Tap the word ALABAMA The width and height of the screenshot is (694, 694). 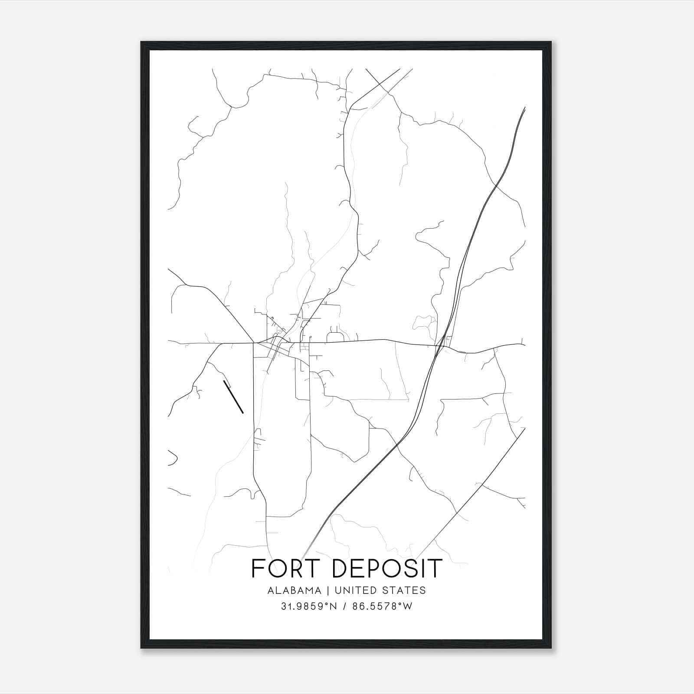coord(295,590)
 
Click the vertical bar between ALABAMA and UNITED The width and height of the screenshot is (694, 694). coord(328,590)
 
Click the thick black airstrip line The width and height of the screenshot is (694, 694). coord(233,397)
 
